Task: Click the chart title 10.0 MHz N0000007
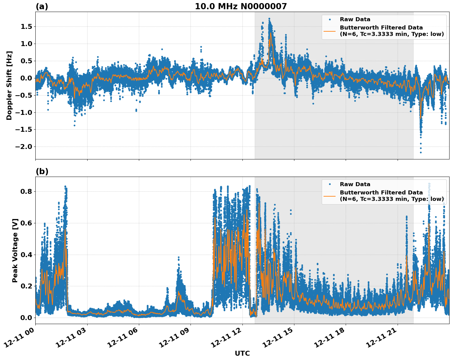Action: [x=241, y=6]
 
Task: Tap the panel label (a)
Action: [x=42, y=6]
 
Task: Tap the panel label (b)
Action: [x=42, y=171]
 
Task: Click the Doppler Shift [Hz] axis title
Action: [x=9, y=85]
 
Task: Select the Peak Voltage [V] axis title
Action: [x=15, y=250]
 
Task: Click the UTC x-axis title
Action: [x=242, y=353]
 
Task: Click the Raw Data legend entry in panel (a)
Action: [x=355, y=19]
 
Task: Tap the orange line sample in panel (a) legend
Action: [x=330, y=31]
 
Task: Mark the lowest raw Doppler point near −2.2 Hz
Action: [x=421, y=152]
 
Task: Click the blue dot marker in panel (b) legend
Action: [x=330, y=184]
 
